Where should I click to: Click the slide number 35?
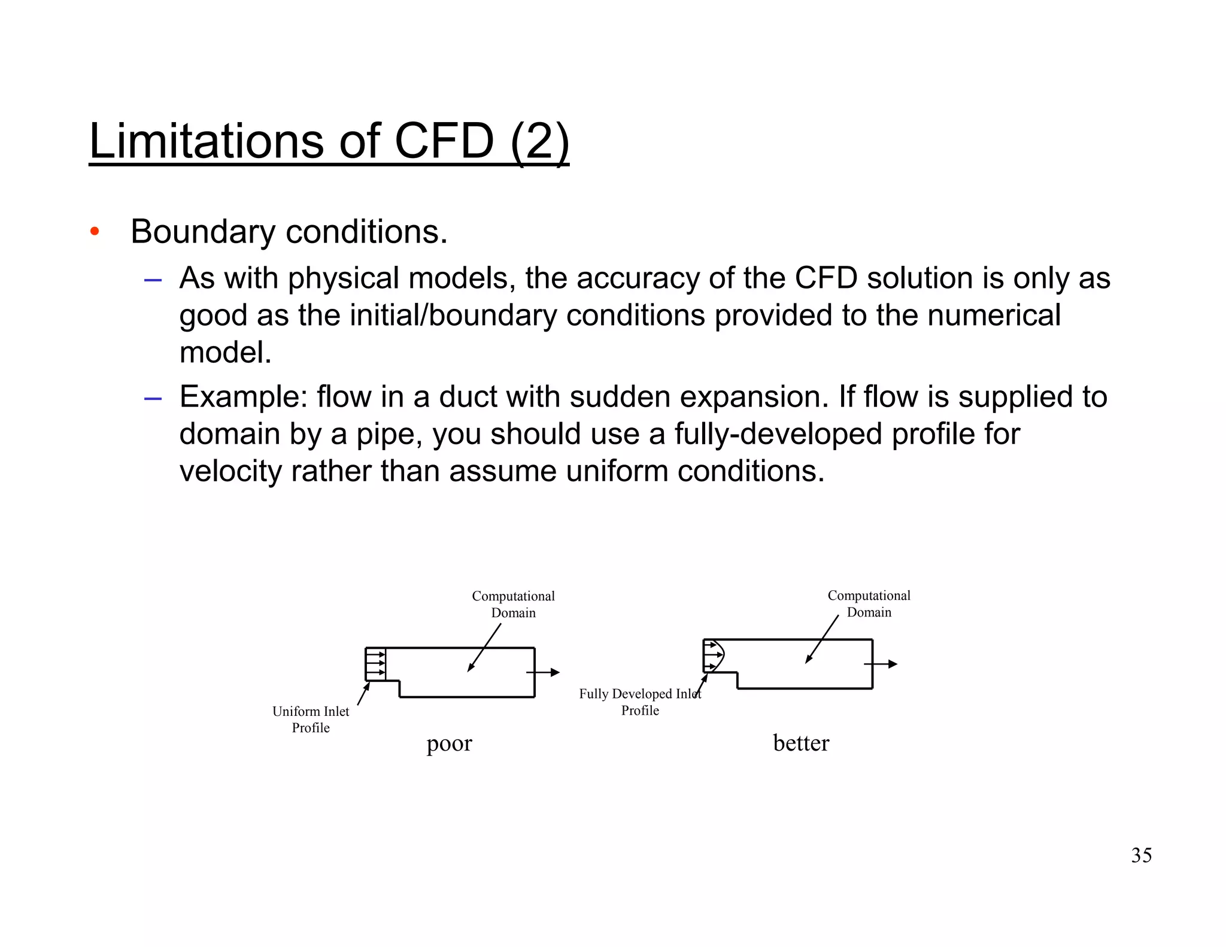pyautogui.click(x=1141, y=855)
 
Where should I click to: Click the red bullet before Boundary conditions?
pyautogui.click(x=94, y=232)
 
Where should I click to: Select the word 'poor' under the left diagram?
pyautogui.click(x=449, y=743)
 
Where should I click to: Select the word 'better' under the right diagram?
pyautogui.click(x=801, y=743)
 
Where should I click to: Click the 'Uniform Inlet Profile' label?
pyautogui.click(x=311, y=719)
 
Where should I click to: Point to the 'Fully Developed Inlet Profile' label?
pyautogui.click(x=640, y=702)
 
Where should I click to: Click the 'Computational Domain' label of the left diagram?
pyautogui.click(x=513, y=604)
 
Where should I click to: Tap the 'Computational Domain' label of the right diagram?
pyautogui.click(x=869, y=603)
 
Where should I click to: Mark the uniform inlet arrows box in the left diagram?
pyautogui.click(x=375, y=664)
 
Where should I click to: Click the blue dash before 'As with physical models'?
pyautogui.click(x=153, y=280)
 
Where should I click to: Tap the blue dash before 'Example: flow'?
pyautogui.click(x=153, y=398)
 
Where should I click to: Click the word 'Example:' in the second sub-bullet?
pyautogui.click(x=243, y=397)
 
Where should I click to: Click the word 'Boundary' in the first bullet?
pyautogui.click(x=203, y=232)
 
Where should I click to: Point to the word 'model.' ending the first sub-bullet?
pyautogui.click(x=225, y=353)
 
